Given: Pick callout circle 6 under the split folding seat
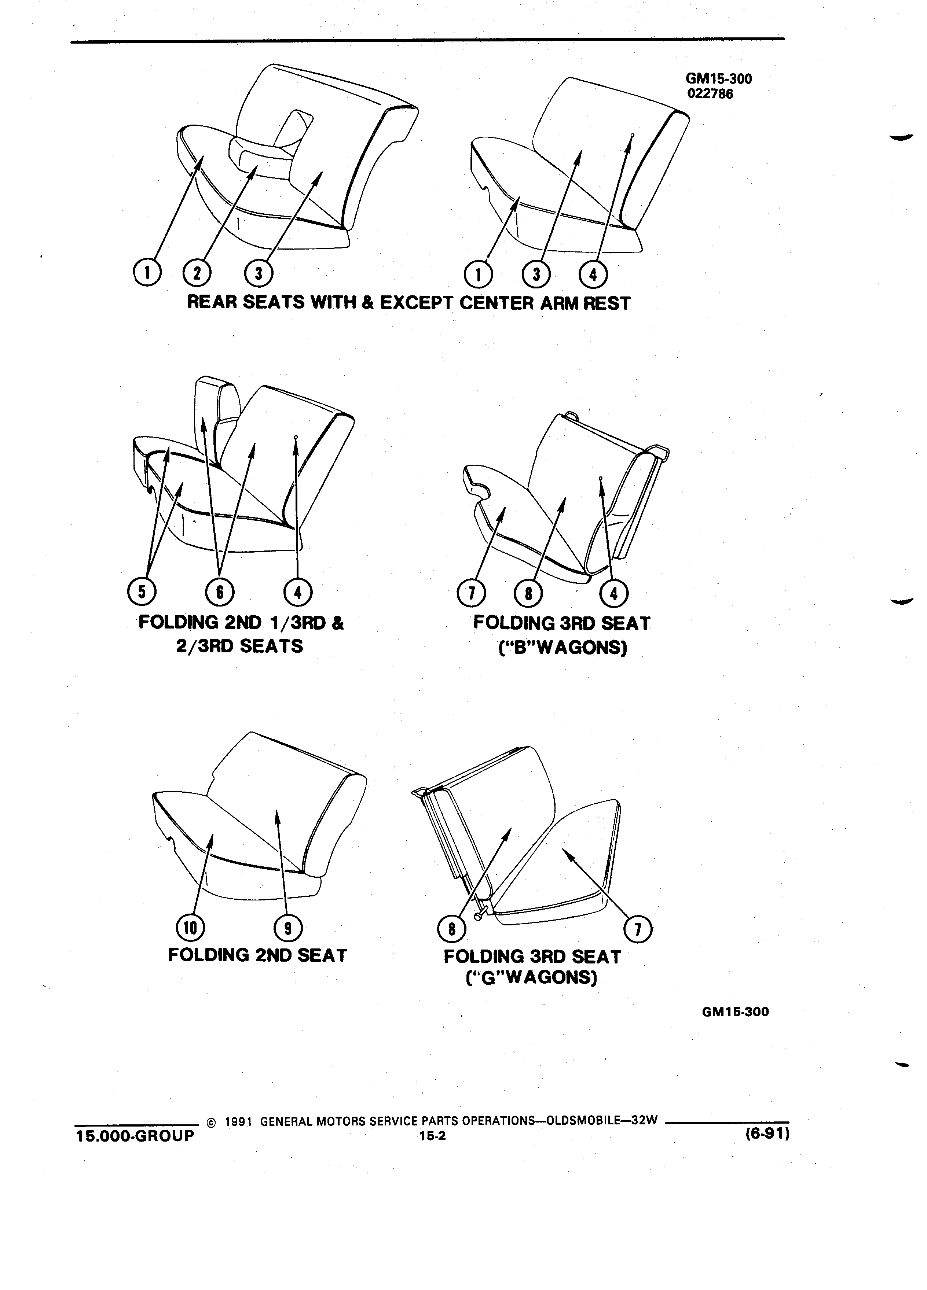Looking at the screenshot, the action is point(220,593).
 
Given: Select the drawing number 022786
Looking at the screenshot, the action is point(710,94).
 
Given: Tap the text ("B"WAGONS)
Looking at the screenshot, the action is point(562,647).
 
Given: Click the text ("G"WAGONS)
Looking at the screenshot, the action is point(531,977).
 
